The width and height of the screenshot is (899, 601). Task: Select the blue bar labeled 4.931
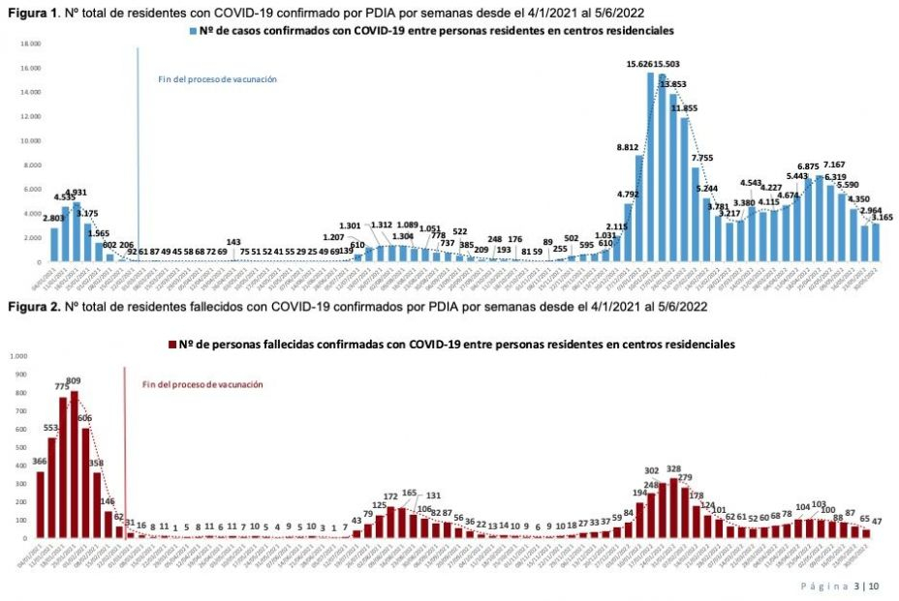click(x=77, y=232)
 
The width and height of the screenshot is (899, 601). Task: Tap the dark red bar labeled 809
click(x=75, y=465)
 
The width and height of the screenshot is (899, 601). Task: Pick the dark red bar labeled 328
click(x=673, y=508)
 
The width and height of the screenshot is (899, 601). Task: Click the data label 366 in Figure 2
click(x=40, y=462)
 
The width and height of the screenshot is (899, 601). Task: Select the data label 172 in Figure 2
click(x=391, y=496)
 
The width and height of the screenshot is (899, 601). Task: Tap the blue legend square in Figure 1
click(x=194, y=33)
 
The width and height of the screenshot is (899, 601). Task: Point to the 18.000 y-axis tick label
click(x=30, y=44)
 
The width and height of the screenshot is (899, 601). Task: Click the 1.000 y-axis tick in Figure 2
click(x=19, y=356)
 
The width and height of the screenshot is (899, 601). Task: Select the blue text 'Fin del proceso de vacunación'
click(x=217, y=79)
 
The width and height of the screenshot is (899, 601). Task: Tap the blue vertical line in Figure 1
click(x=138, y=145)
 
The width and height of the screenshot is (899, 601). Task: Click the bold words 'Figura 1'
click(x=30, y=11)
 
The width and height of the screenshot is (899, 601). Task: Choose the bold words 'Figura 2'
click(x=30, y=307)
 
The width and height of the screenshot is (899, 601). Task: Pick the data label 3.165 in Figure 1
click(x=882, y=217)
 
